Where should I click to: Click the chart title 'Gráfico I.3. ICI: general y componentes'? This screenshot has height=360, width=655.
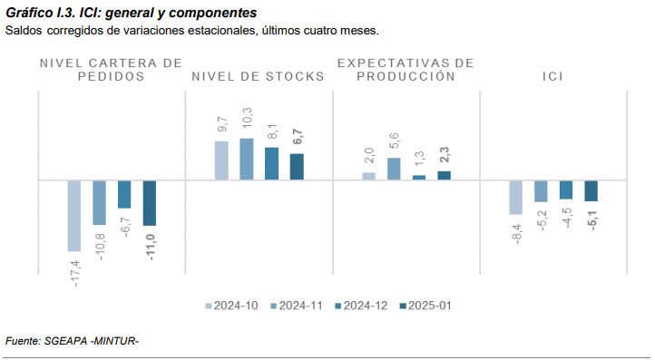131,14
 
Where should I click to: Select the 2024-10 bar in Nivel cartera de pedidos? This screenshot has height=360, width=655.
74,215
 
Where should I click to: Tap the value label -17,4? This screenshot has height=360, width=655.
75,273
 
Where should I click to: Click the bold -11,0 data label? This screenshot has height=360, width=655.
151,248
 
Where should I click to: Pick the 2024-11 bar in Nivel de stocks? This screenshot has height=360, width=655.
247,159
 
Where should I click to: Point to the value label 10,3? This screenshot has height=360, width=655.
247,119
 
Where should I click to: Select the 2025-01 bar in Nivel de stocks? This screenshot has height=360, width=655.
297,167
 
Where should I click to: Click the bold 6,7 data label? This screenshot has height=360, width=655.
298,138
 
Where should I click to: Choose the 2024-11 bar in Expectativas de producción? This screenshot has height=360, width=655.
394,169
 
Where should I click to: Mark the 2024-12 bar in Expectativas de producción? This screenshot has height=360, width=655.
418,178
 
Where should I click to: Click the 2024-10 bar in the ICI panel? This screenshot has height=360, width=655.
516,197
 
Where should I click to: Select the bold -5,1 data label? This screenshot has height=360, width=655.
591,220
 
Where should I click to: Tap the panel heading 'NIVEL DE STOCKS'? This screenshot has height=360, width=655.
258,77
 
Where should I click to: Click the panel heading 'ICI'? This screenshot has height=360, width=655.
553,77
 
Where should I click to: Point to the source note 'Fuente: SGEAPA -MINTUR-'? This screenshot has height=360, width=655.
72,341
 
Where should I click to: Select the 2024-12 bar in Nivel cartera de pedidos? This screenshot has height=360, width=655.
124,194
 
